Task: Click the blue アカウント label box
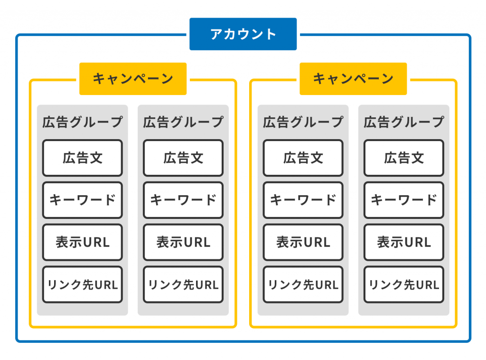(243, 34)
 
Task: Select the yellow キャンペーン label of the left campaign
(133, 79)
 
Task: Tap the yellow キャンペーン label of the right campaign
(353, 79)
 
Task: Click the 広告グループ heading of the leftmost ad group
(83, 122)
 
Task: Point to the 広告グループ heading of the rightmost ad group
(404, 122)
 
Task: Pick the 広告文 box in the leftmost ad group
(83, 158)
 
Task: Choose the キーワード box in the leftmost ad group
(83, 200)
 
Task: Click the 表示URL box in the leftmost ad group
(83, 243)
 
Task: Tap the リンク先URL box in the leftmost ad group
(83, 284)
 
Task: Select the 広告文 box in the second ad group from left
(183, 158)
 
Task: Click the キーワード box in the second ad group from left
(183, 200)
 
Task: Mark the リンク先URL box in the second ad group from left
(183, 284)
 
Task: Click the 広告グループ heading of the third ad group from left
(303, 122)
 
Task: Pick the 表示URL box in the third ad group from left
(303, 243)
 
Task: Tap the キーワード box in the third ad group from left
(303, 200)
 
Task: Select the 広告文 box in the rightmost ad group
(404, 158)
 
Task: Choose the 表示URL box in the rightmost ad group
(404, 243)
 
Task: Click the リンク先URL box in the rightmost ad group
(404, 284)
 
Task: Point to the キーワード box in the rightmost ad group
(404, 200)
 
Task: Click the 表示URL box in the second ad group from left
(183, 243)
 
